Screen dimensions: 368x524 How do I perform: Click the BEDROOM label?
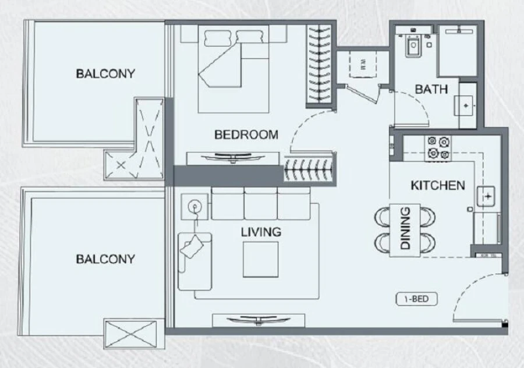click(x=246, y=135)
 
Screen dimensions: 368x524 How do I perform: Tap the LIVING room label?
click(x=261, y=232)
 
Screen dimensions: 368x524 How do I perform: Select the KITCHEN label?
click(x=438, y=186)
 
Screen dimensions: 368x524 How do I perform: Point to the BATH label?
click(x=431, y=90)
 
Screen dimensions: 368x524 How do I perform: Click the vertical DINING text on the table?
click(x=405, y=228)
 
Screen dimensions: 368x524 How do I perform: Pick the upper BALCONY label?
click(x=105, y=74)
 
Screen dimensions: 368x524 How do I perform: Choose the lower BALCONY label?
click(x=105, y=259)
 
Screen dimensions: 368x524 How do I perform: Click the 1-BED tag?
click(x=416, y=300)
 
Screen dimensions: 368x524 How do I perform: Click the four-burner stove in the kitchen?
click(x=438, y=147)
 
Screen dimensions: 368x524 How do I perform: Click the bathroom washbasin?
click(x=466, y=104)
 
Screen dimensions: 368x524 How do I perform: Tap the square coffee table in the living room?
click(x=260, y=260)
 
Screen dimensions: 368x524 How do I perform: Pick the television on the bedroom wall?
click(x=233, y=157)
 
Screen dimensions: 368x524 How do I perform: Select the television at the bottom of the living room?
click(x=259, y=320)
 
